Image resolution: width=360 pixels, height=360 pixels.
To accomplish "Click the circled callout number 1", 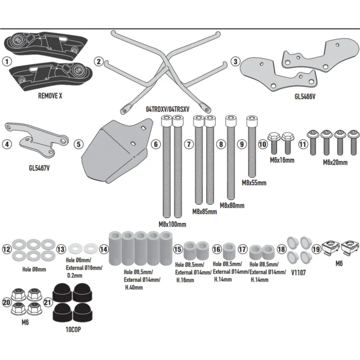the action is pyautogui.click(x=7, y=62).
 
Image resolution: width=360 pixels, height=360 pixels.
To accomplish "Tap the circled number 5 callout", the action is pyautogui.click(x=79, y=144).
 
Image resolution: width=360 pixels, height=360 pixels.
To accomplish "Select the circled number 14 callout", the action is pyautogui.click(x=104, y=249).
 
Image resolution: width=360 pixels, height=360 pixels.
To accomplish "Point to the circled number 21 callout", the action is pyautogui.click(x=47, y=302).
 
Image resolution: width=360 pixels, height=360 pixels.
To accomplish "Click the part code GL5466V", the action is pyautogui.click(x=305, y=96).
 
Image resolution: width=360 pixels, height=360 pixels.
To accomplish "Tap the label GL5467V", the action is pyautogui.click(x=39, y=168).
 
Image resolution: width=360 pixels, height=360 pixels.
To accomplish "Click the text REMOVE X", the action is pyautogui.click(x=50, y=96).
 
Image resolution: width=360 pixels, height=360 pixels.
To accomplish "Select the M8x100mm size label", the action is pyautogui.click(x=172, y=224).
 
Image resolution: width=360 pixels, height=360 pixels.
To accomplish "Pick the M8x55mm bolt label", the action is pyautogui.click(x=254, y=183).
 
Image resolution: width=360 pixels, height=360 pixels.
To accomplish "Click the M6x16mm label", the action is pyautogui.click(x=282, y=160).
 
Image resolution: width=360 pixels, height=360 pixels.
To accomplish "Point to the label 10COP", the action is pyautogui.click(x=73, y=330).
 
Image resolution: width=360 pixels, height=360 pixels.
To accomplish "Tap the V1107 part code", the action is pyautogui.click(x=298, y=273).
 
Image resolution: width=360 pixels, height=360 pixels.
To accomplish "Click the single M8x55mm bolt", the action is pyautogui.click(x=252, y=147).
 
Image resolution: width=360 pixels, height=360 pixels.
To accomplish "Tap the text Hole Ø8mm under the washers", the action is pyautogui.click(x=34, y=269).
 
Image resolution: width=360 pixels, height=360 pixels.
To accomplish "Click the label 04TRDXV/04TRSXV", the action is pyautogui.click(x=167, y=109).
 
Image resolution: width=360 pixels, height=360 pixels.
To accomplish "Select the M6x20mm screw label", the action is pyautogui.click(x=335, y=162).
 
